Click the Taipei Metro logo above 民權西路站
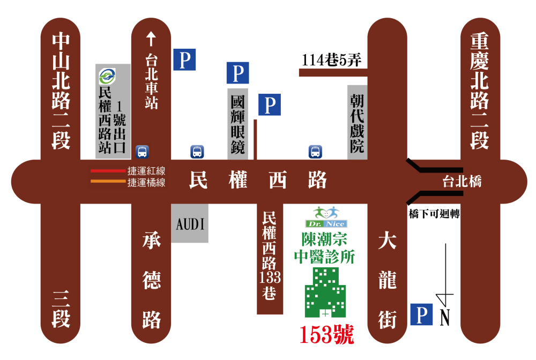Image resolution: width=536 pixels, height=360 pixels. point(107,76)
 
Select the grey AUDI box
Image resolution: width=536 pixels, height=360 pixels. point(190,223)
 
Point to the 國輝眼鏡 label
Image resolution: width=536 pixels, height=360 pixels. point(237,125)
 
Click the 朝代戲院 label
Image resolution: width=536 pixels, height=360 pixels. point(357,124)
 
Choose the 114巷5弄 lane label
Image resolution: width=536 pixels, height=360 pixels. point(331,61)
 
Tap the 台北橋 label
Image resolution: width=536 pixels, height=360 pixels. point(461,182)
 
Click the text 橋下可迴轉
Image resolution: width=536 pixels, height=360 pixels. point(435,213)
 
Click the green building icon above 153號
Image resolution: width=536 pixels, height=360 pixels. point(325,292)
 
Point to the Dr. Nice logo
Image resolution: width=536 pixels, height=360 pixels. point(326,217)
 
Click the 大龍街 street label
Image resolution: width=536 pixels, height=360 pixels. point(387,281)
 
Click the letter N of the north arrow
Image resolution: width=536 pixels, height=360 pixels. point(445,318)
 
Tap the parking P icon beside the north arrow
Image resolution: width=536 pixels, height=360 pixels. point(421,314)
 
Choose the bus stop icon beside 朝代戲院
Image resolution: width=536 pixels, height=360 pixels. point(315,152)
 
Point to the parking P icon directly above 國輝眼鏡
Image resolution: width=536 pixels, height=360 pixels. point(237,72)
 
